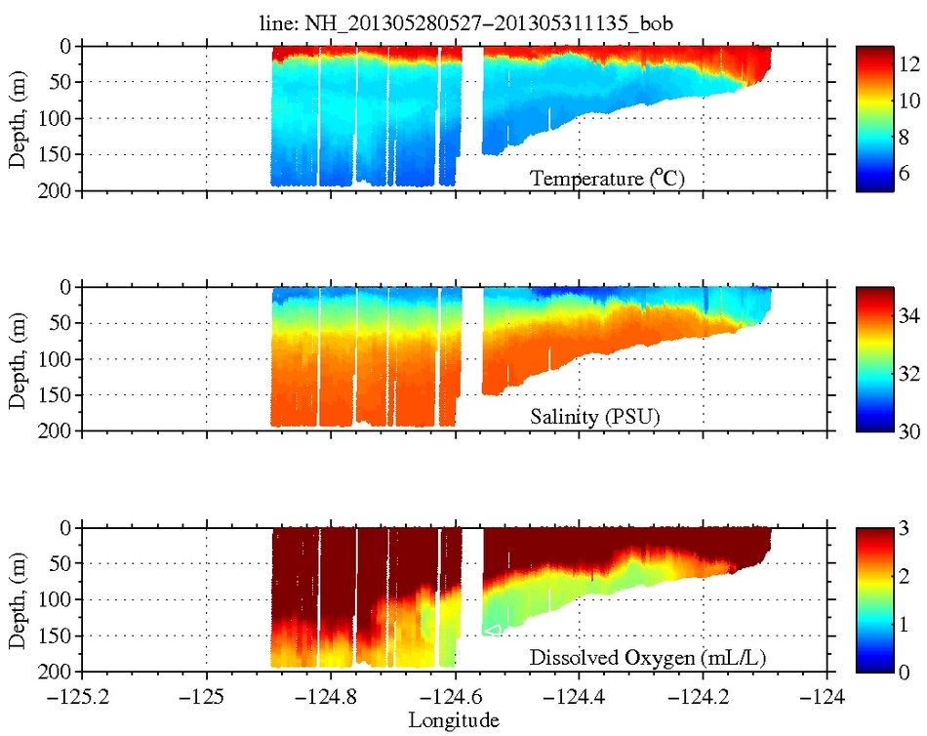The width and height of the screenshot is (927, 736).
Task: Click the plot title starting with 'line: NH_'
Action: point(455,22)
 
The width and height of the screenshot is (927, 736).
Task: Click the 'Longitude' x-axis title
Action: point(455,720)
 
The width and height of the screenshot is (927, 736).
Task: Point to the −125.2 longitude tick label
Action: point(82,698)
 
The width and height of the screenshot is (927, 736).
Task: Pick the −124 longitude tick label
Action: point(828,698)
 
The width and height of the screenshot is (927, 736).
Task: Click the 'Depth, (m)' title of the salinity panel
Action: point(18,358)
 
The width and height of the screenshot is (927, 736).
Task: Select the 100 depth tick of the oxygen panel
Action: point(55,599)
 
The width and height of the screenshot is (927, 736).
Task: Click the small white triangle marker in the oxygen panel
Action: point(493,631)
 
